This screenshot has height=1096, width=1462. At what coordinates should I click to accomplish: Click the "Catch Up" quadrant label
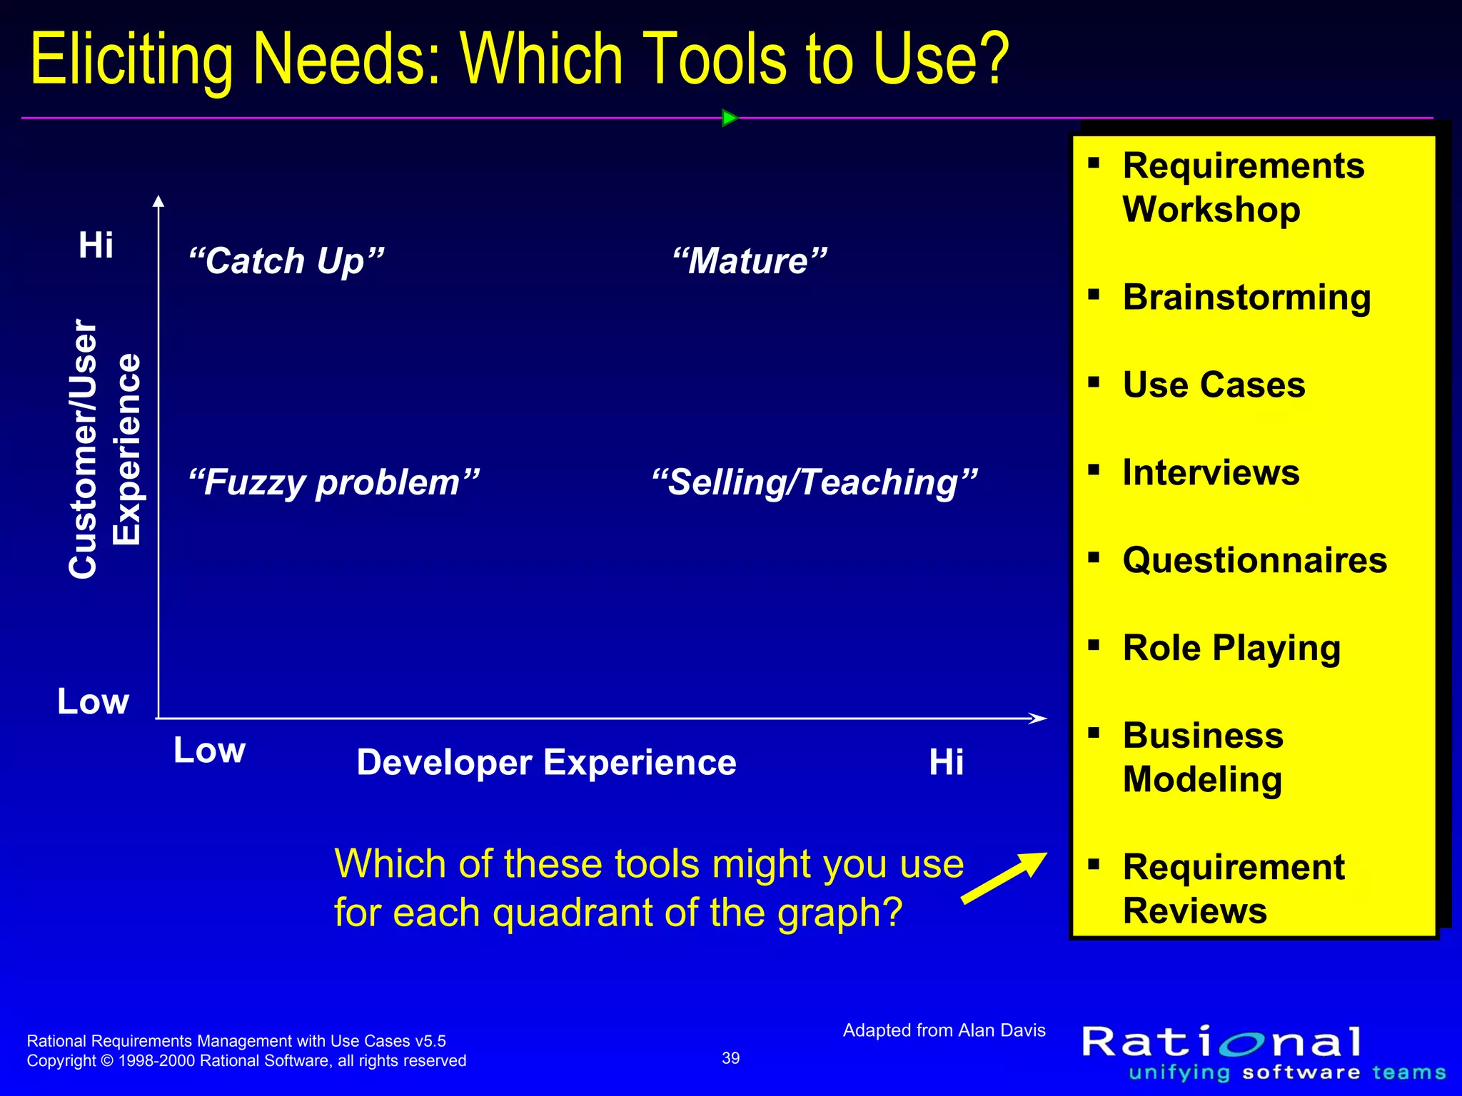[286, 261]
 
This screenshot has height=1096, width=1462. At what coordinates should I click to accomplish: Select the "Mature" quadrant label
[750, 261]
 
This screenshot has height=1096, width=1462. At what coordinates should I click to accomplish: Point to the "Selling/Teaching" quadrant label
[815, 482]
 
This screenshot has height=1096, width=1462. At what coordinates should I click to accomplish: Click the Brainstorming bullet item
[1246, 297]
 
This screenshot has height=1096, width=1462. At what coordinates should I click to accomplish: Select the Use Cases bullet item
[1214, 385]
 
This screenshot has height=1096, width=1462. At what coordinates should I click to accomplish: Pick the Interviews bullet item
[1211, 472]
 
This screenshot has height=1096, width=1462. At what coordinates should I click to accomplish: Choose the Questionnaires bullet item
[1254, 560]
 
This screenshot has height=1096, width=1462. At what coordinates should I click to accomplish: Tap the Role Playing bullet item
[1231, 648]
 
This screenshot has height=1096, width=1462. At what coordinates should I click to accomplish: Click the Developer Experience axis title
[546, 762]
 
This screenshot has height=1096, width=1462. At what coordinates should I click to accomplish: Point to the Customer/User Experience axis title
[105, 449]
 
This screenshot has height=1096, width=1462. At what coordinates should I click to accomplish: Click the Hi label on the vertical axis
[96, 245]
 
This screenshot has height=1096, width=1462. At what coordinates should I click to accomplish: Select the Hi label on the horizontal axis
[946, 762]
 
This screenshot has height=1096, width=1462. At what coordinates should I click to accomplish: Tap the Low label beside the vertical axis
[93, 701]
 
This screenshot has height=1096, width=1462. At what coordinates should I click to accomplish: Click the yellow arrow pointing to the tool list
[1004, 878]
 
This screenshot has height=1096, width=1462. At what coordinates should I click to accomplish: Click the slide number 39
[731, 1058]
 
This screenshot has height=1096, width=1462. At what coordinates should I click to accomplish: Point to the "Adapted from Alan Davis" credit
[944, 1030]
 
